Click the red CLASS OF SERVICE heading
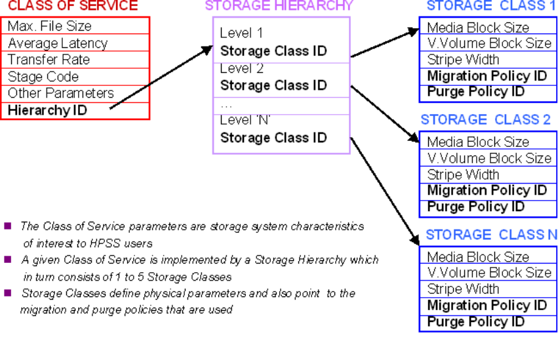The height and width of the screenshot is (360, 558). click(x=72, y=6)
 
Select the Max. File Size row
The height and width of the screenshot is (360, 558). click(x=50, y=26)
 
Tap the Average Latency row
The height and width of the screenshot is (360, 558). click(x=58, y=43)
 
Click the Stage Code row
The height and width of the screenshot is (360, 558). click(x=43, y=77)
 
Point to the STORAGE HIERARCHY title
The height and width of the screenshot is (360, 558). click(x=279, y=6)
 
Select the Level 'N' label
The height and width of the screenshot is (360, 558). click(x=245, y=120)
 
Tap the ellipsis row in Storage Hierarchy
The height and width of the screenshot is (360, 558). click(x=227, y=104)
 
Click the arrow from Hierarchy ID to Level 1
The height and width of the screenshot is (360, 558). click(x=161, y=76)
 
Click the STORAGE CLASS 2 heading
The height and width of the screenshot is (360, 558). click(x=485, y=120)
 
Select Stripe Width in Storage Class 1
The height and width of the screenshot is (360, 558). click(x=463, y=60)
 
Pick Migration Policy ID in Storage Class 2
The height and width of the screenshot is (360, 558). click(x=487, y=191)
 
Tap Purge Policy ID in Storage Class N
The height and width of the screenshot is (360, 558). click(x=475, y=322)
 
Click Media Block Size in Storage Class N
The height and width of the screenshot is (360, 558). click(x=478, y=257)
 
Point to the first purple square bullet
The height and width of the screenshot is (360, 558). click(x=8, y=226)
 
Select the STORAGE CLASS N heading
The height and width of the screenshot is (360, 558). click(x=491, y=235)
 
